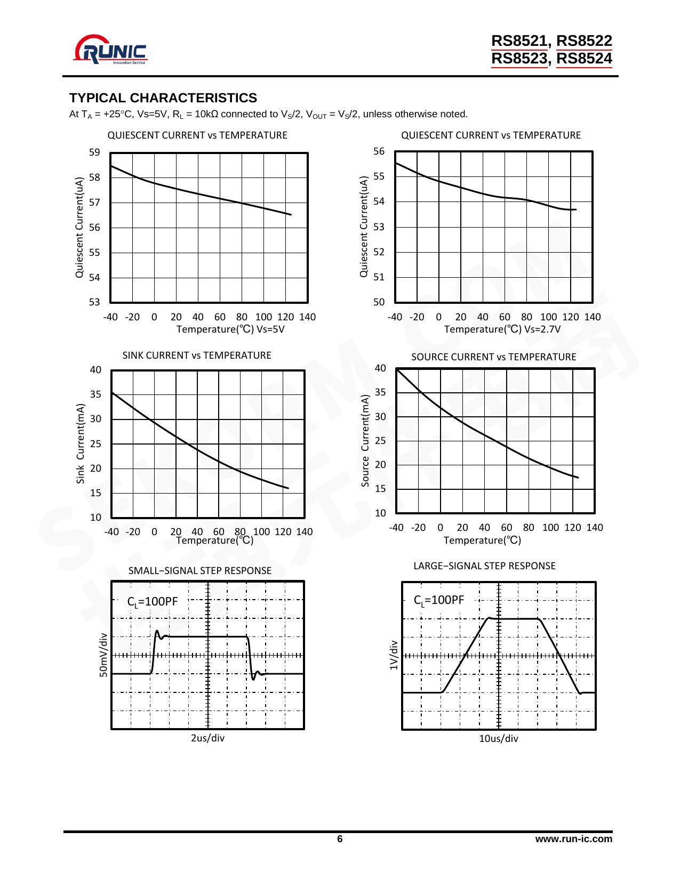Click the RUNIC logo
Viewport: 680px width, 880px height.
pyautogui.click(x=111, y=50)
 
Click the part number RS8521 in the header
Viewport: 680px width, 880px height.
pyautogui.click(x=519, y=41)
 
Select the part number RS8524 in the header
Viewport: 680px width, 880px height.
pyautogui.click(x=584, y=59)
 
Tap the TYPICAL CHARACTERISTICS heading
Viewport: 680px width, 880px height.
pyautogui.click(x=163, y=98)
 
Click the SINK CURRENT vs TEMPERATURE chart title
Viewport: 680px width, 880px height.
pyautogui.click(x=197, y=356)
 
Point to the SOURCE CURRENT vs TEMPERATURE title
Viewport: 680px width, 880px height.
pyautogui.click(x=493, y=357)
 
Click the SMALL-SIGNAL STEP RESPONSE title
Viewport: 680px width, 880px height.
pyautogui.click(x=199, y=571)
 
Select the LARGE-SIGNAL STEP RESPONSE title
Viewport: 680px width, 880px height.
pyautogui.click(x=484, y=566)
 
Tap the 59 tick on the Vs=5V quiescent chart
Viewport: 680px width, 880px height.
pyautogui.click(x=94, y=152)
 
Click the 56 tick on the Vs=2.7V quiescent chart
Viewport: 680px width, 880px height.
pyautogui.click(x=379, y=151)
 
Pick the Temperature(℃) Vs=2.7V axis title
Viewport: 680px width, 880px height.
pyautogui.click(x=502, y=329)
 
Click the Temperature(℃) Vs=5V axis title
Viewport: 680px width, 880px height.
pyautogui.click(x=230, y=329)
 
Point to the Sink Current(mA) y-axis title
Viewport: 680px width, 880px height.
pyautogui.click(x=81, y=443)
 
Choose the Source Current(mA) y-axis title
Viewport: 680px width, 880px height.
pyautogui.click(x=365, y=441)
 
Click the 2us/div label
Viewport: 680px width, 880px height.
pyautogui.click(x=207, y=738)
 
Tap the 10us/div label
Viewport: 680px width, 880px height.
pyautogui.click(x=498, y=739)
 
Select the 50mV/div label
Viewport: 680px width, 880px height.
pyautogui.click(x=103, y=655)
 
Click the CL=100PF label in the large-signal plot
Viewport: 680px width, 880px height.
pyautogui.click(x=439, y=600)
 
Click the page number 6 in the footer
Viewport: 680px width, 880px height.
pyautogui.click(x=340, y=839)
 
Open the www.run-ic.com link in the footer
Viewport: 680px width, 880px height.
pyautogui.click(x=573, y=839)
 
